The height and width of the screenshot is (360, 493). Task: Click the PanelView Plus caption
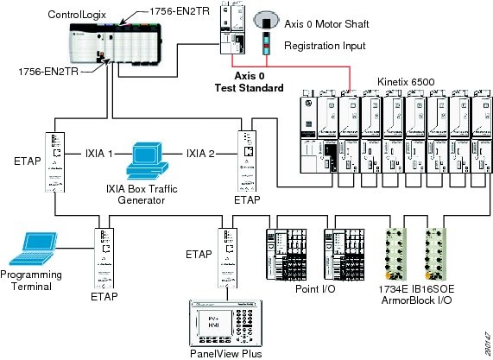point(229,352)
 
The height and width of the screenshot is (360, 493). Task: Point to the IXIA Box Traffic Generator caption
point(149,194)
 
